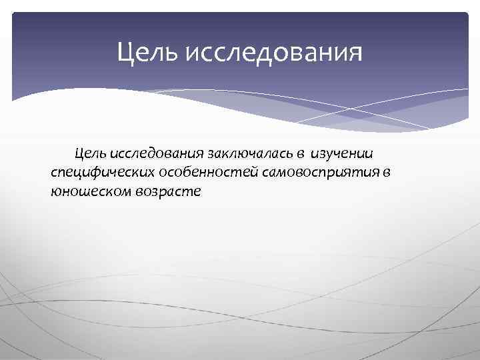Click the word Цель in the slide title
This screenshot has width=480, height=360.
point(147,51)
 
